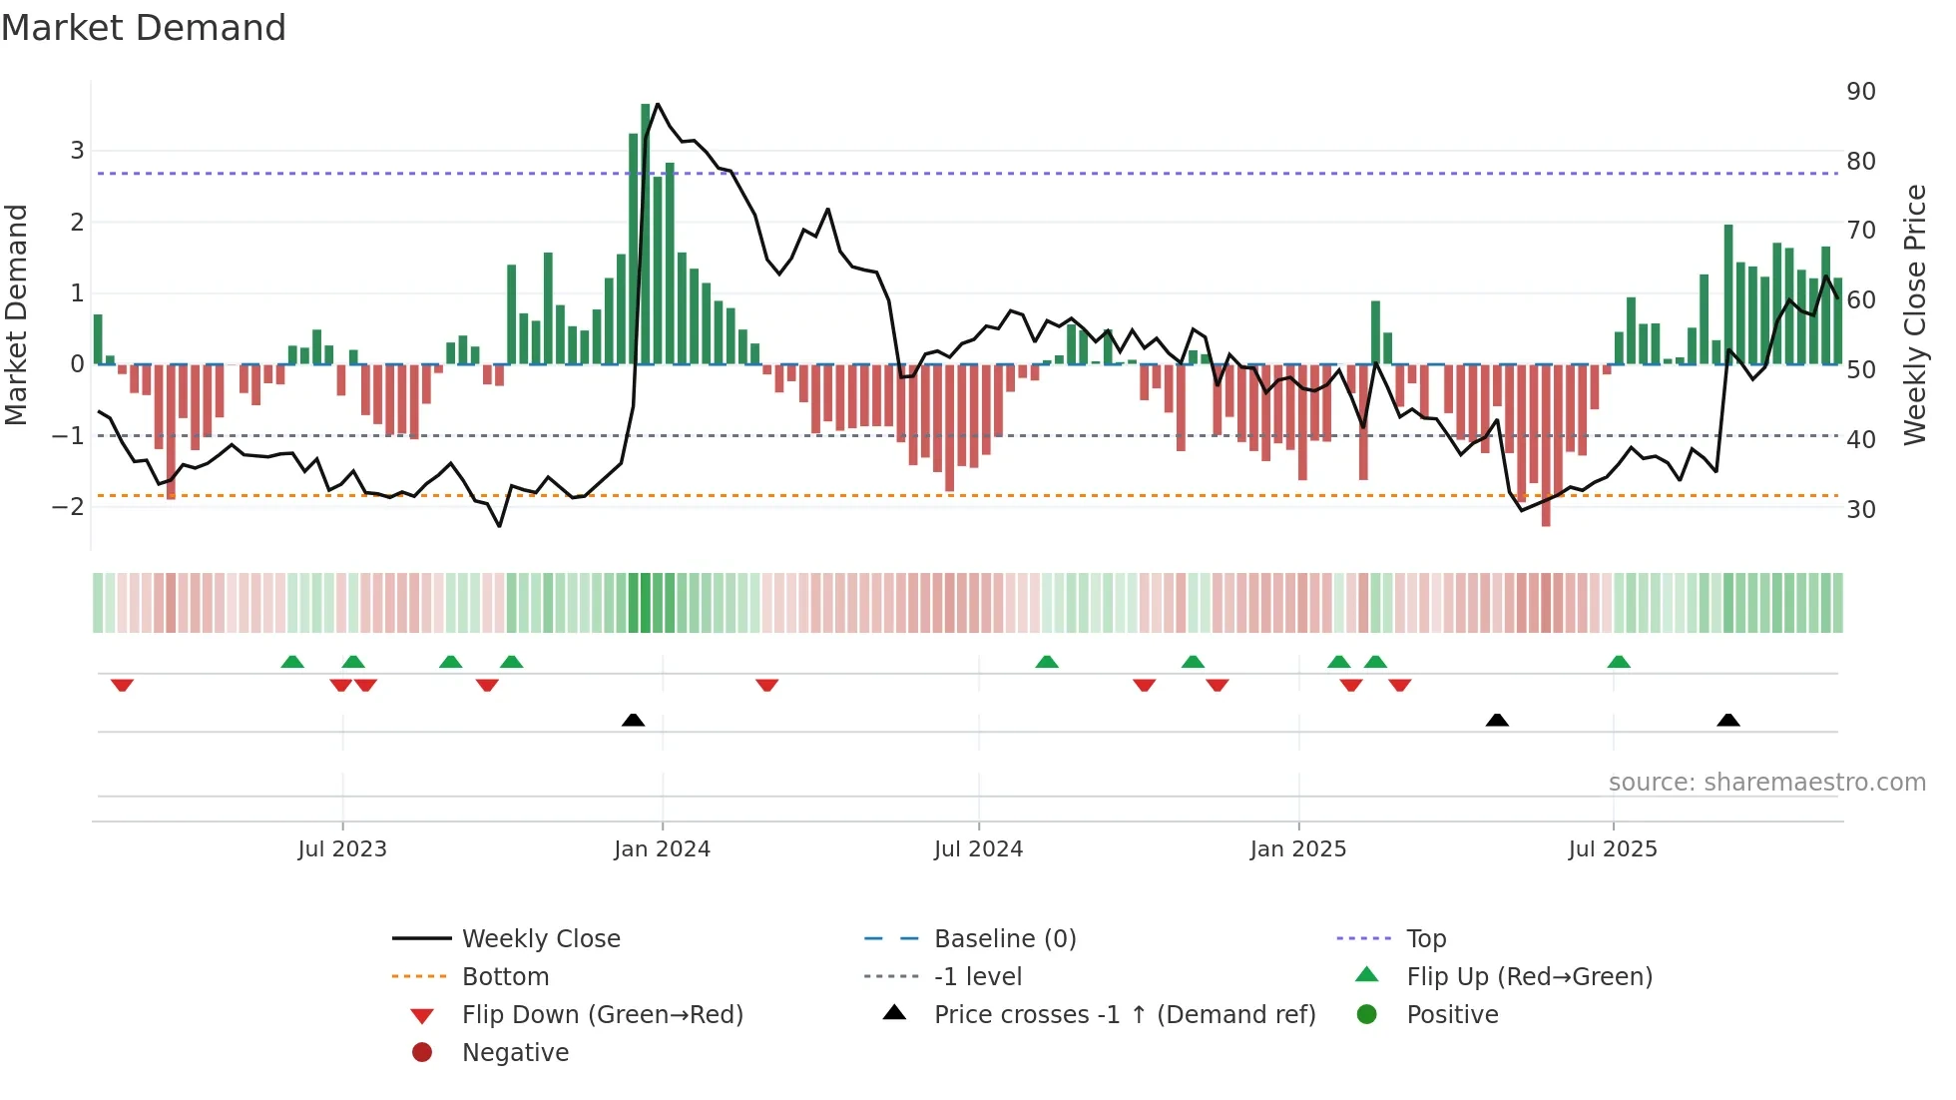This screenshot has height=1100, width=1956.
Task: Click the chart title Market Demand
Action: coord(144,28)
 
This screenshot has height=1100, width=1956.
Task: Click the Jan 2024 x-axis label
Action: coord(662,849)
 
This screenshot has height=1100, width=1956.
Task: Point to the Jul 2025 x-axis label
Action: coord(1612,849)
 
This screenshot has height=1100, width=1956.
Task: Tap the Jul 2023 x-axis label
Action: coord(342,849)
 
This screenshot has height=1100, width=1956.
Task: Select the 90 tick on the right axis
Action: coord(1860,92)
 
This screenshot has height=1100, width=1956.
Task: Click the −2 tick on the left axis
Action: coord(68,507)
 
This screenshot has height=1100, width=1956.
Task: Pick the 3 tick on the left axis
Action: coord(77,151)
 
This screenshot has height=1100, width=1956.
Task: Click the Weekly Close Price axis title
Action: coord(1914,314)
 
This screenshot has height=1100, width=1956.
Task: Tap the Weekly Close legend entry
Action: coord(540,939)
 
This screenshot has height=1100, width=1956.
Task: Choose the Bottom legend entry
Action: coord(505,977)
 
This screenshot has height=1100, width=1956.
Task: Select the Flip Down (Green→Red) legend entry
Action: coord(602,1015)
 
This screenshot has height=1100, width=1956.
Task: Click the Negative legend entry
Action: coord(515,1053)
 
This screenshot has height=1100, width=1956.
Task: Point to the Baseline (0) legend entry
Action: coord(1004,939)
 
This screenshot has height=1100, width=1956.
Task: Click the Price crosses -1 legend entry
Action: coord(1124,1015)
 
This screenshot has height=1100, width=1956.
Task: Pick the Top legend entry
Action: coord(1426,939)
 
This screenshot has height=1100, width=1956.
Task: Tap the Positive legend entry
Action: coord(1452,1015)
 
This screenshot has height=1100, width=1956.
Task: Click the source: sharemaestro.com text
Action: coord(1766,783)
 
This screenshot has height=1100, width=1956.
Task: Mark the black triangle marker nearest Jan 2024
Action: coord(633,720)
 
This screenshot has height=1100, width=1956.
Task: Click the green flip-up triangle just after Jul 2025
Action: coord(1619,662)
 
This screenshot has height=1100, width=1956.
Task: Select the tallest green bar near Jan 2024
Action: coord(646,235)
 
